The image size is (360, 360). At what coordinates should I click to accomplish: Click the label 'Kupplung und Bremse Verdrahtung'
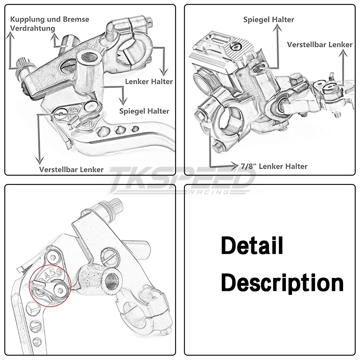(x=50, y=24)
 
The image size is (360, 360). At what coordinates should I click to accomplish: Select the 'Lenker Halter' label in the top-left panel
(x=149, y=82)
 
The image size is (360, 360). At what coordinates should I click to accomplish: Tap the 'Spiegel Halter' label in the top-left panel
(x=144, y=111)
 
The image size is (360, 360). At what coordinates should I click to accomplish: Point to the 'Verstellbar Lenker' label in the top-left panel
(x=71, y=169)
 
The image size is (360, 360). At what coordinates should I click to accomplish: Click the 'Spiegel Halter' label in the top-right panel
(x=269, y=20)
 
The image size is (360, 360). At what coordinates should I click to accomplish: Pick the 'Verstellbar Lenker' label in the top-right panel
(x=320, y=45)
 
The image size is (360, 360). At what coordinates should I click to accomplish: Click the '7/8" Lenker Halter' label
(x=274, y=166)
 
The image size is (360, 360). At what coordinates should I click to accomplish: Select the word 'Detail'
(x=252, y=246)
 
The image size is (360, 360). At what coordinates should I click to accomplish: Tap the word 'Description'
(x=282, y=283)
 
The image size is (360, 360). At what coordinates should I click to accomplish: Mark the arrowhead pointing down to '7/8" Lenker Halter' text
(x=236, y=166)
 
